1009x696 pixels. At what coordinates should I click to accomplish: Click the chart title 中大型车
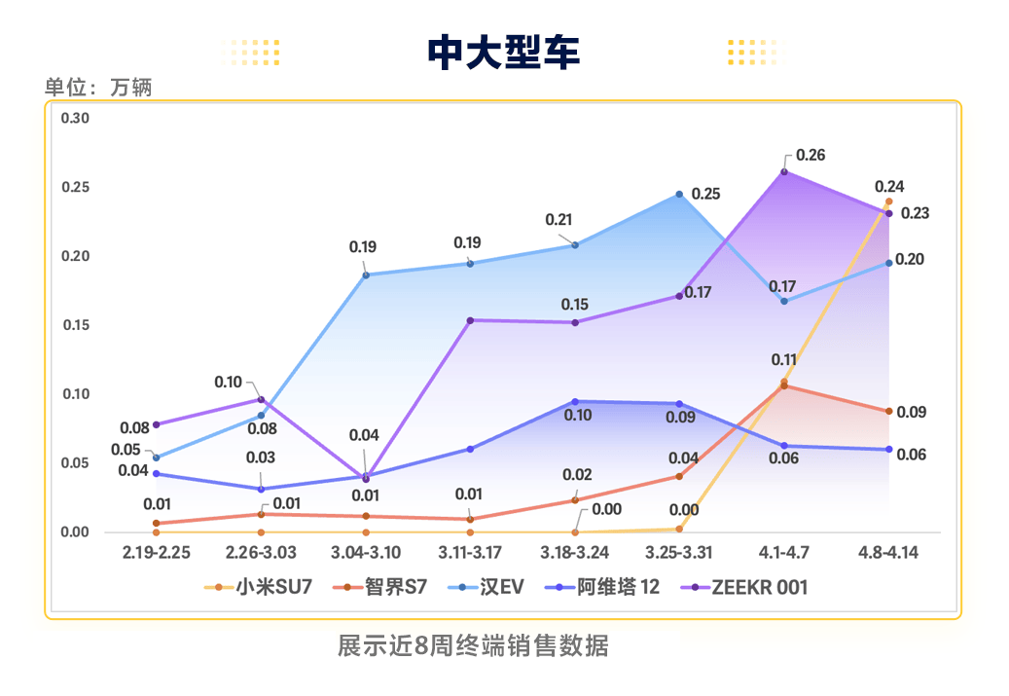pyautogui.click(x=504, y=52)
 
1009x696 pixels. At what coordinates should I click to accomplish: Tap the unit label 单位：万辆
pyautogui.click(x=98, y=87)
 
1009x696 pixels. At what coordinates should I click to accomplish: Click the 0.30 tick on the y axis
pyautogui.click(x=75, y=118)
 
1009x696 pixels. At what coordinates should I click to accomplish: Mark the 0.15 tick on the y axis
pyautogui.click(x=75, y=325)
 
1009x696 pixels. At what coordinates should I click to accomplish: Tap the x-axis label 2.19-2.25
pyautogui.click(x=156, y=553)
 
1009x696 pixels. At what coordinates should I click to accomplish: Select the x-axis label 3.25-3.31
pyautogui.click(x=678, y=553)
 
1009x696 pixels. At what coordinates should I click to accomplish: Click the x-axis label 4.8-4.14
pyautogui.click(x=887, y=553)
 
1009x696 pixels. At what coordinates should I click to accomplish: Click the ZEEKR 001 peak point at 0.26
pyautogui.click(x=784, y=171)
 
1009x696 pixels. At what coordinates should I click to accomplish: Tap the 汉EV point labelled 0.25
pyautogui.click(x=679, y=195)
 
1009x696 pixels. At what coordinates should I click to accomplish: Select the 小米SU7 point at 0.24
pyautogui.click(x=888, y=201)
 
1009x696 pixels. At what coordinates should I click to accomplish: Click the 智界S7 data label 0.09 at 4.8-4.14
pyautogui.click(x=911, y=413)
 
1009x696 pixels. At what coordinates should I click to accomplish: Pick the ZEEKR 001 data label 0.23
pyautogui.click(x=915, y=213)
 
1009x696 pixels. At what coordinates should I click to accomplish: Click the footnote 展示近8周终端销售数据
pyautogui.click(x=473, y=645)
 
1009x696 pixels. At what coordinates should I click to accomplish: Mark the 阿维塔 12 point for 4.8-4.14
pyautogui.click(x=888, y=449)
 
